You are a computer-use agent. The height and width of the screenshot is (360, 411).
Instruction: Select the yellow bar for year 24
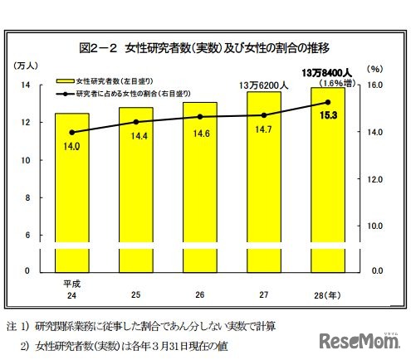tap(72, 191)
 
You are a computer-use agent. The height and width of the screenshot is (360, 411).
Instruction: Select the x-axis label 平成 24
tap(71, 287)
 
